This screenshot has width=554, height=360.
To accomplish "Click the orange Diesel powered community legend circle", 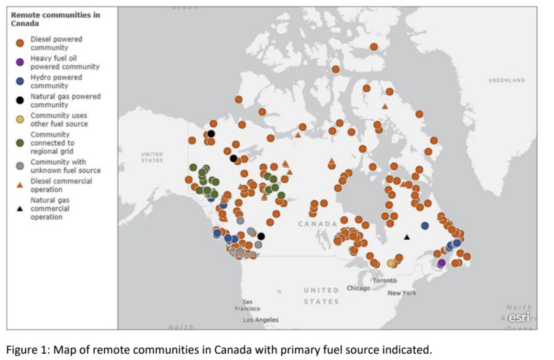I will [x=20, y=43].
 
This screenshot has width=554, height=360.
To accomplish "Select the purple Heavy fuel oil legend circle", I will [x=20, y=62].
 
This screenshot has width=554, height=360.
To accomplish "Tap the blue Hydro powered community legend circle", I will [x=20, y=82].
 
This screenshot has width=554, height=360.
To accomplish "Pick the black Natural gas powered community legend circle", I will [x=20, y=101].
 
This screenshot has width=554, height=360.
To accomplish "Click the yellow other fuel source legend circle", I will [x=20, y=120].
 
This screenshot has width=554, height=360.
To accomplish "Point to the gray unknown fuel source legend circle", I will [x=20, y=165].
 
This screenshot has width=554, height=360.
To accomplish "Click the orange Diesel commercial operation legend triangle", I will [x=20, y=185].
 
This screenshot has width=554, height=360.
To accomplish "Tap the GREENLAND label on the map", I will [x=507, y=80].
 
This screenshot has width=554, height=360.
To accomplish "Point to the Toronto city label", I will [x=384, y=280].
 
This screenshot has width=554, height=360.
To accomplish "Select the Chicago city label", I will [x=358, y=288].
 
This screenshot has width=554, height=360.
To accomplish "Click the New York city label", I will [x=401, y=293].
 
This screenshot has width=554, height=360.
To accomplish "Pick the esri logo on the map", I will [x=519, y=317].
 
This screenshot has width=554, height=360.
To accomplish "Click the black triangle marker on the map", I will [x=407, y=237].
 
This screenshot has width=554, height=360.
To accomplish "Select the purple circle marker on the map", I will [x=441, y=263].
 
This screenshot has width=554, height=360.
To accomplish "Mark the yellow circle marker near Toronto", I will [x=391, y=263].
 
